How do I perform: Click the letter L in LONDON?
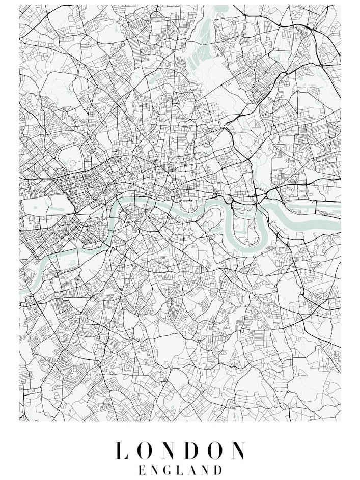pos(121,451)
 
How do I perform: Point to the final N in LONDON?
pos(237,451)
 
